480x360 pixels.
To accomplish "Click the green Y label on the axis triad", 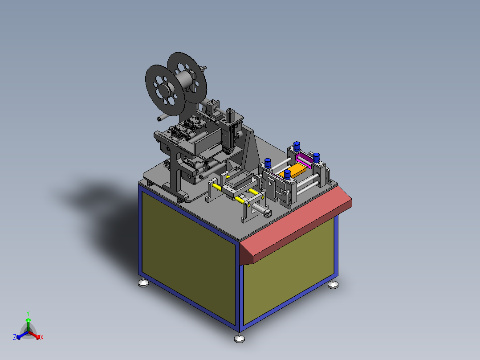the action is (28, 313).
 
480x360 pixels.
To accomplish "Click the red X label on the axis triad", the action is (42, 337).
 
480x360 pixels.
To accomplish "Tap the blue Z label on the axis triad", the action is (15, 337).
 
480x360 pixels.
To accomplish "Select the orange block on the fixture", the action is (293, 171).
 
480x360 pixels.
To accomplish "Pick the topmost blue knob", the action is (297, 146).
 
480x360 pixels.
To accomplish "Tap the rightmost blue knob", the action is (316, 157).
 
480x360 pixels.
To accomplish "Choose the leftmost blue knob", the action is (268, 163).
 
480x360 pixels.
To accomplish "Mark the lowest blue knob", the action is (287, 174).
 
